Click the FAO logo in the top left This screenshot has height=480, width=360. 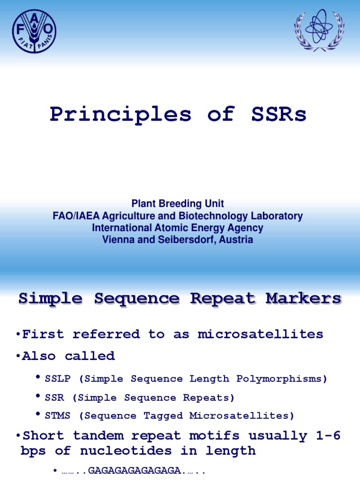coord(34,31)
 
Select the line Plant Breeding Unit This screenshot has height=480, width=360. coord(178,204)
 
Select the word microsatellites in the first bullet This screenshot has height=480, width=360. coord(260,334)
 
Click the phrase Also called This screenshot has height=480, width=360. coord(68,356)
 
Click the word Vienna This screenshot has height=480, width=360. coord(116,240)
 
